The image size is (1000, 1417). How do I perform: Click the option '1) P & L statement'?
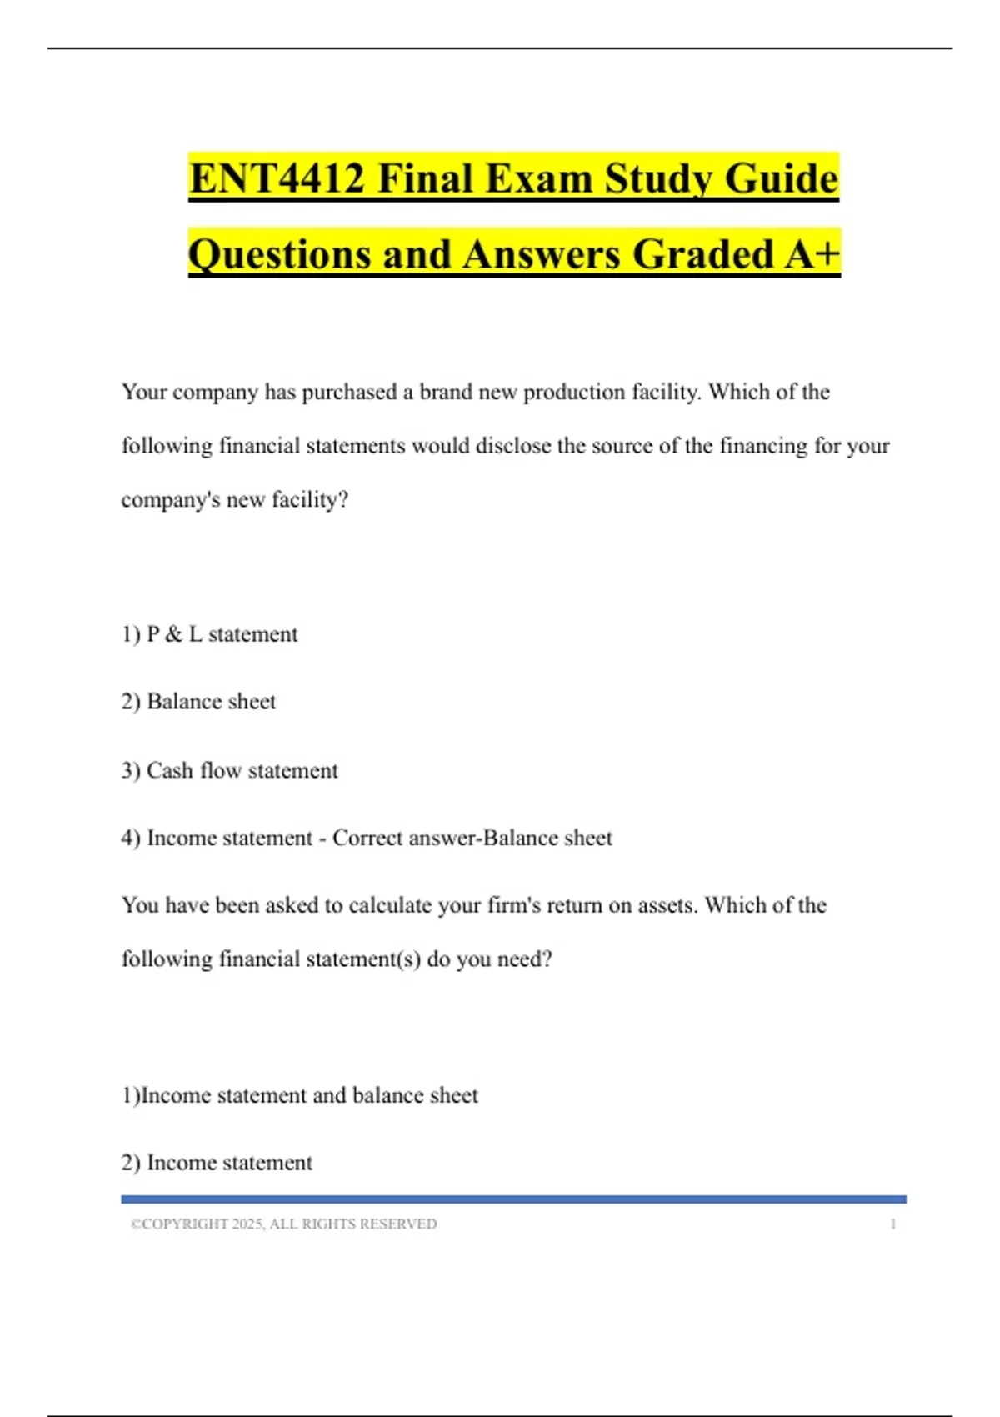tap(209, 634)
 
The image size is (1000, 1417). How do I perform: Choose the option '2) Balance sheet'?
tap(198, 702)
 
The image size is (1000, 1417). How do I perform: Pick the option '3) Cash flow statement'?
tap(229, 770)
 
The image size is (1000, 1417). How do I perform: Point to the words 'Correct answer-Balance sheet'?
tap(472, 838)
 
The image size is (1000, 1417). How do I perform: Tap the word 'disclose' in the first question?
tap(513, 446)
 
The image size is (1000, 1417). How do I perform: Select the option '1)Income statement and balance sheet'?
tap(300, 1095)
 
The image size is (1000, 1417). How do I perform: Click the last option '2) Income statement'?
tap(217, 1163)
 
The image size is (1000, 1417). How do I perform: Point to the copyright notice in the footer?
tap(283, 1224)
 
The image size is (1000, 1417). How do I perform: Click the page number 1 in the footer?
tap(892, 1224)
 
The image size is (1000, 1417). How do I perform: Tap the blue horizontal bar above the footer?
tap(513, 1199)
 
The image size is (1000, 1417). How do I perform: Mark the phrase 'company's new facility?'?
tap(235, 500)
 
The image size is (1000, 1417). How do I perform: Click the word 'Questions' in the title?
tap(279, 254)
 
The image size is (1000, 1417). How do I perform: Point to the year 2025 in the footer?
tap(247, 1224)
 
